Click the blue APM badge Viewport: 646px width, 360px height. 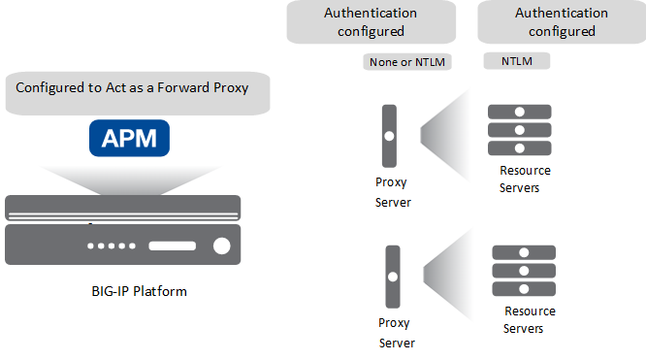pyautogui.click(x=129, y=139)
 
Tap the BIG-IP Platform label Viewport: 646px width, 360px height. pyautogui.click(x=133, y=290)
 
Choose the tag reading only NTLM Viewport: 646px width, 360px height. pyautogui.click(x=515, y=61)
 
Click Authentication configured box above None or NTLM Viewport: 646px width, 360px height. pyautogui.click(x=371, y=22)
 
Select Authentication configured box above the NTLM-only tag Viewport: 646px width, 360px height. pyautogui.click(x=561, y=22)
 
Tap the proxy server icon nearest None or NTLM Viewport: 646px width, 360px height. pyautogui.click(x=390, y=135)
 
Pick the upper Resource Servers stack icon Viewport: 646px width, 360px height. pyautogui.click(x=519, y=130)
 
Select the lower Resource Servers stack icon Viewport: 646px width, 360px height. pyautogui.click(x=524, y=271)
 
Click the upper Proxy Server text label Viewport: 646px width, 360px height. pyautogui.click(x=393, y=191)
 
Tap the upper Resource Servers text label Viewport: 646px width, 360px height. pyautogui.click(x=524, y=180)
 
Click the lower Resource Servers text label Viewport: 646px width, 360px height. pyautogui.click(x=529, y=320)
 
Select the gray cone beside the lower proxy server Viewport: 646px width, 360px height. pyautogui.click(x=444, y=274)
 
